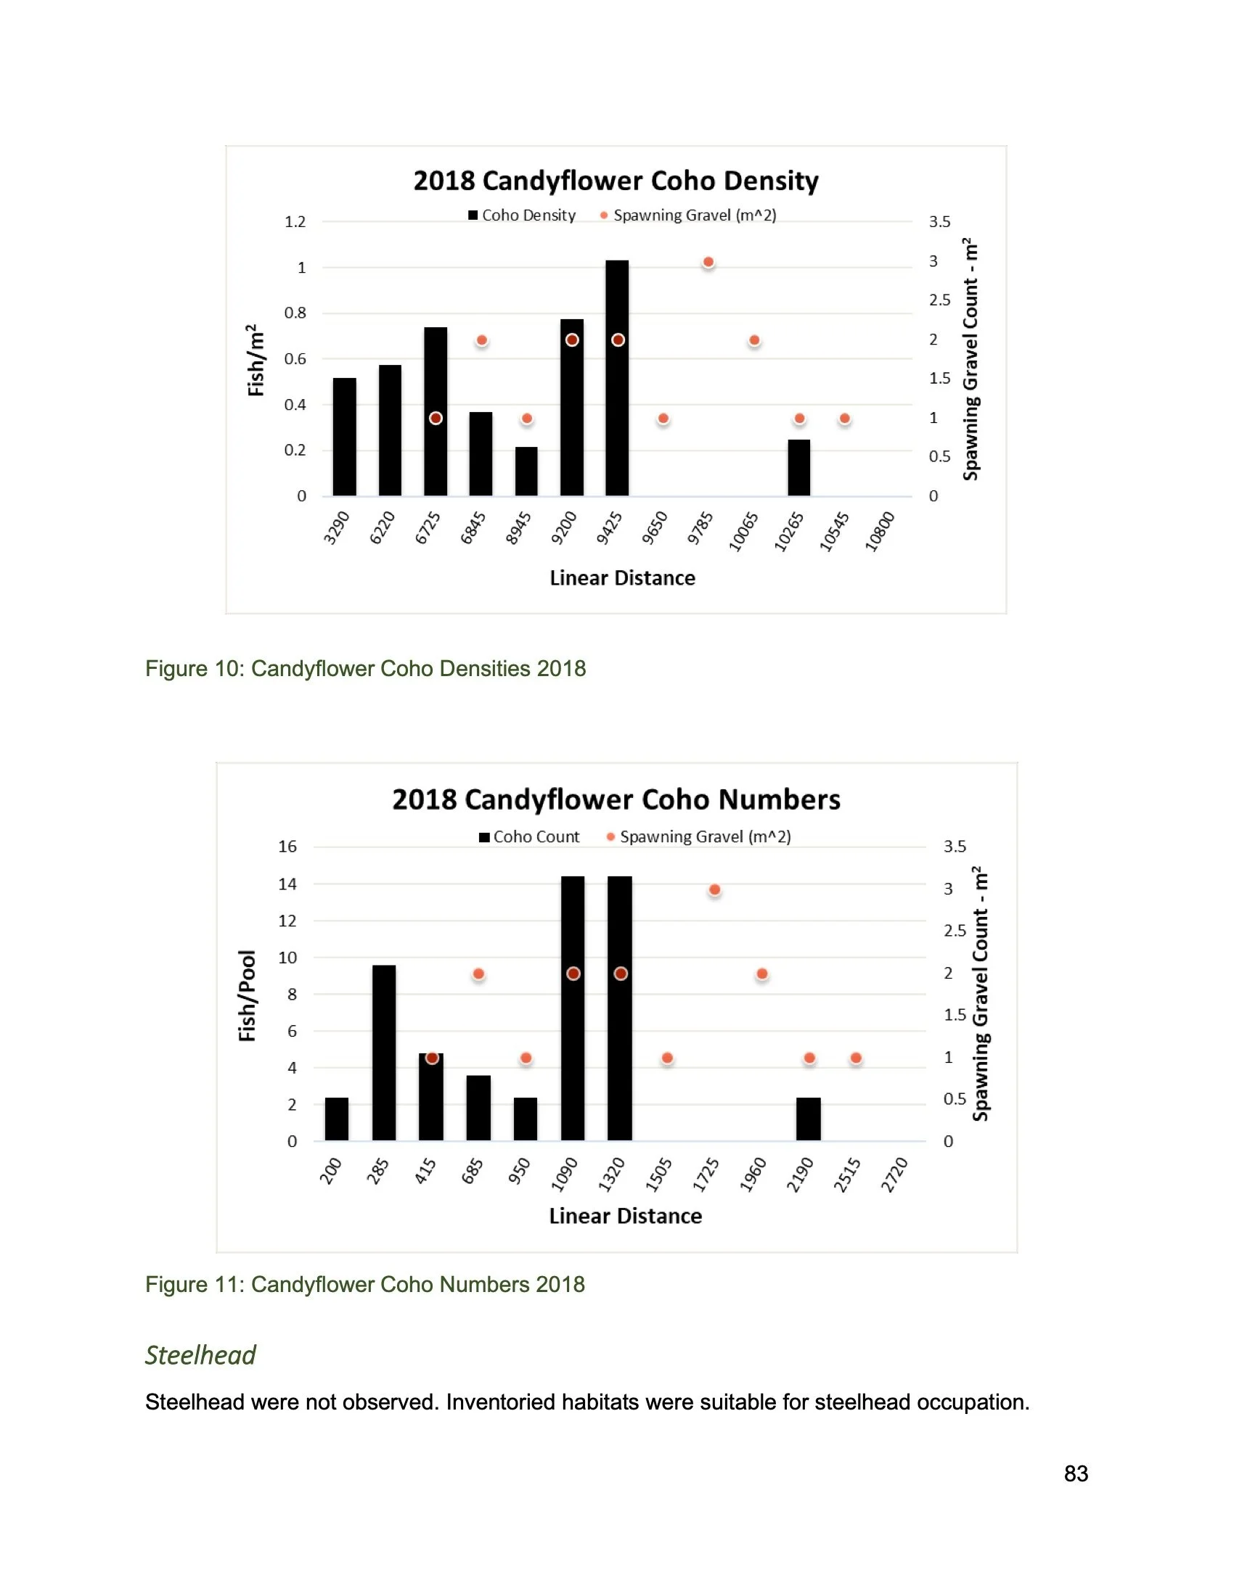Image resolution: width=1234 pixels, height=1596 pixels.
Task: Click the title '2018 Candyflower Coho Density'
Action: click(616, 181)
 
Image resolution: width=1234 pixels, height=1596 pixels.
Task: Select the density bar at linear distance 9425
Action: click(617, 378)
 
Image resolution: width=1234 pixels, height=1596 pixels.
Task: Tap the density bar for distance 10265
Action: click(799, 468)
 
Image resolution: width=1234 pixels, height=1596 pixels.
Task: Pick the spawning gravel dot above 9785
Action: click(708, 263)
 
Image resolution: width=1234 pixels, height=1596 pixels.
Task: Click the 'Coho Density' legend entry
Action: click(522, 215)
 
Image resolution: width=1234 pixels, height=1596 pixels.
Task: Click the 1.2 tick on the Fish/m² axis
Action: click(295, 221)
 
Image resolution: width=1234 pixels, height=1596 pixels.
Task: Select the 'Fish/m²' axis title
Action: click(255, 361)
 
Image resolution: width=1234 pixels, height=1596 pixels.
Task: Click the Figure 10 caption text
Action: click(366, 669)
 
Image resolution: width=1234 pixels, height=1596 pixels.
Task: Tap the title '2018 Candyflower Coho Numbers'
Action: click(616, 799)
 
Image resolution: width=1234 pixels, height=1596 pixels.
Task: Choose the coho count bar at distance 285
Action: click(384, 1053)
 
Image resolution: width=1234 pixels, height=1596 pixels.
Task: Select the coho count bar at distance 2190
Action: click(809, 1119)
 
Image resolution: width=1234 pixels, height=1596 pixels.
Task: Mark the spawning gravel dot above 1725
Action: click(715, 890)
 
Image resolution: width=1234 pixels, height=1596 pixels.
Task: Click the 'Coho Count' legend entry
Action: click(529, 836)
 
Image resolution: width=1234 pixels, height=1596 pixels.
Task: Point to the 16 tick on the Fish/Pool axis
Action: click(287, 846)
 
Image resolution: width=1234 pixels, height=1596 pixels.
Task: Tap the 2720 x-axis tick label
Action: click(894, 1175)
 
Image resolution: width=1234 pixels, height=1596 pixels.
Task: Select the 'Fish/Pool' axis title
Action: click(247, 995)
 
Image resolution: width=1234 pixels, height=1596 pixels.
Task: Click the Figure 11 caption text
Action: click(365, 1285)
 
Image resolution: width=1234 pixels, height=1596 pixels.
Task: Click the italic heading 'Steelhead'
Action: click(200, 1355)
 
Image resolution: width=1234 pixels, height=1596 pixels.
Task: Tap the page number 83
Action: click(1076, 1473)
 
